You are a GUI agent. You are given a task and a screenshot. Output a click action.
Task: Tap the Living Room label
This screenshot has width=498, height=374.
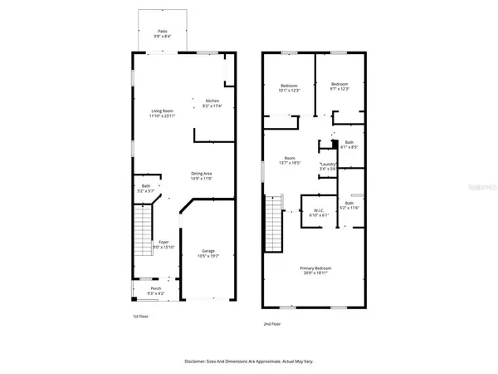(162, 113)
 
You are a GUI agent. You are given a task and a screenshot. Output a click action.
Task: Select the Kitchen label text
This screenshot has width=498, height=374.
(213, 102)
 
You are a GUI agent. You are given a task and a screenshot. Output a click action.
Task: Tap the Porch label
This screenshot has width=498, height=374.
(156, 291)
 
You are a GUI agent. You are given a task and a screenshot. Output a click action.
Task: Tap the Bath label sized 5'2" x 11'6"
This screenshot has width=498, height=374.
(349, 205)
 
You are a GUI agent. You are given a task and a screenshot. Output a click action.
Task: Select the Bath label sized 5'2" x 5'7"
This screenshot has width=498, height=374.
(146, 188)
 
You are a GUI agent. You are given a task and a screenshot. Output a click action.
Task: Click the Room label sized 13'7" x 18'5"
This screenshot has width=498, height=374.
(290, 160)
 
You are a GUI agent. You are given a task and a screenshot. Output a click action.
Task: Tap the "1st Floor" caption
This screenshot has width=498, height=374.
(141, 317)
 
